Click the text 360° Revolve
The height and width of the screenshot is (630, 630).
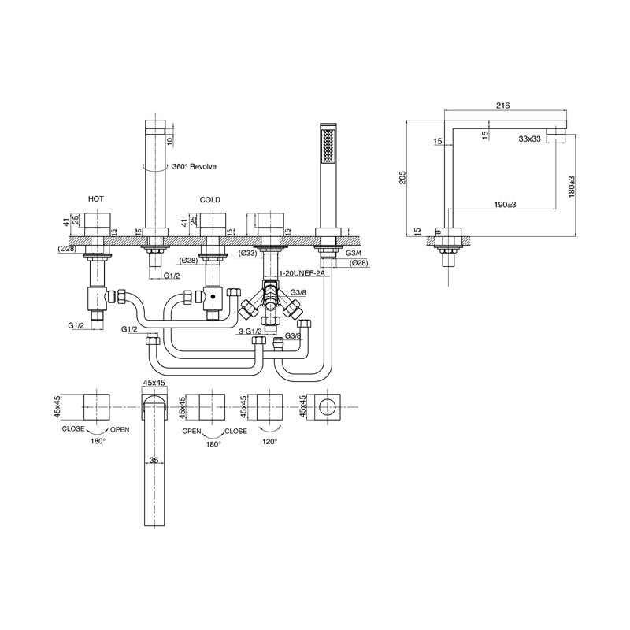(193, 167)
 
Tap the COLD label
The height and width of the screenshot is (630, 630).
(211, 200)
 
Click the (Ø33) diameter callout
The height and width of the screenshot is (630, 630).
(247, 253)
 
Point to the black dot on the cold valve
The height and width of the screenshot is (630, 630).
(211, 297)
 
